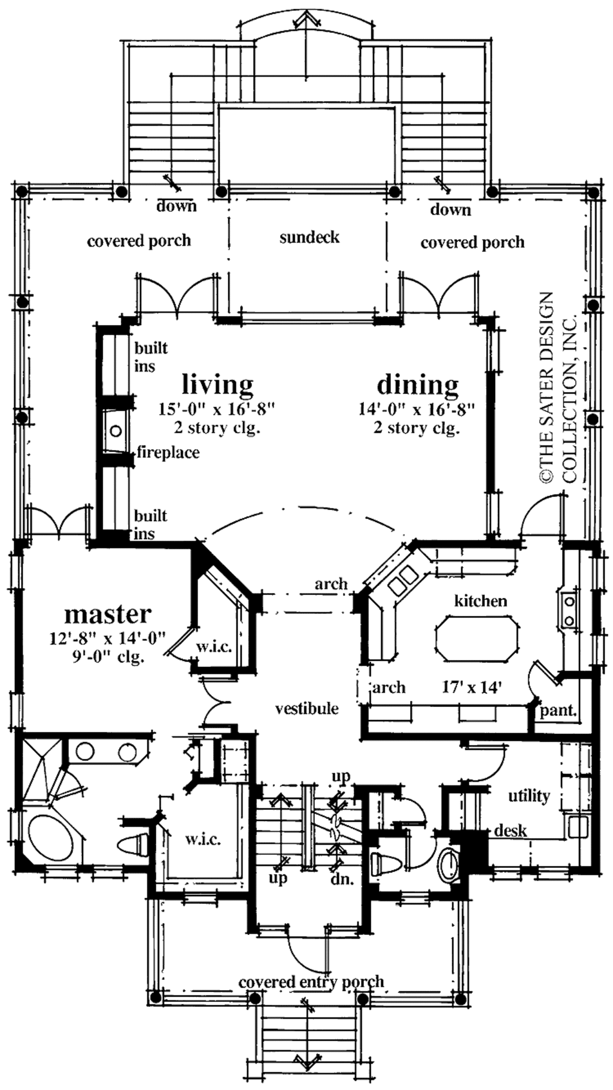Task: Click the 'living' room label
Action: [217, 385]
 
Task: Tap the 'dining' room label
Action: [417, 385]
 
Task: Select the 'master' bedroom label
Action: [108, 614]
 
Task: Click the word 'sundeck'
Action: [309, 238]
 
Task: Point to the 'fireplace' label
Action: [168, 453]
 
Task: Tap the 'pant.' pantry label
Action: [558, 711]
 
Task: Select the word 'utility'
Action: [529, 796]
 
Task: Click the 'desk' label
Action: [511, 831]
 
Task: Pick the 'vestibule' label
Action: [306, 709]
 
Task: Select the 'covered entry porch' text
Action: [311, 982]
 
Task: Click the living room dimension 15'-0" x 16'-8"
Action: [216, 410]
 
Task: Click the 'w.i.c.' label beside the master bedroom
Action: [214, 647]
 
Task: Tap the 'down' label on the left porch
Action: [176, 207]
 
